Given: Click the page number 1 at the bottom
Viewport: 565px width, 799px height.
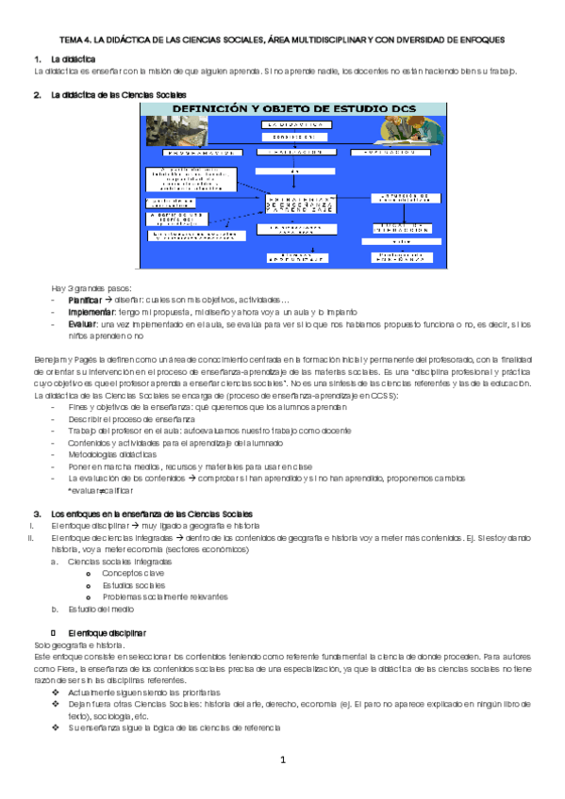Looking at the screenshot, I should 282,759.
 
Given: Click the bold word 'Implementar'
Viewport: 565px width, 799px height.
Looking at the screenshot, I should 91,312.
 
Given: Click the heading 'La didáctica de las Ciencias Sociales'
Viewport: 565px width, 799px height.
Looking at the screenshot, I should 118,95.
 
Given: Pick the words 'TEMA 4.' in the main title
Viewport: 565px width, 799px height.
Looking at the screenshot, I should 77,41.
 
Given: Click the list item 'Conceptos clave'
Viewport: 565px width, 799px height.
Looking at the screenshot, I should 133,573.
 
